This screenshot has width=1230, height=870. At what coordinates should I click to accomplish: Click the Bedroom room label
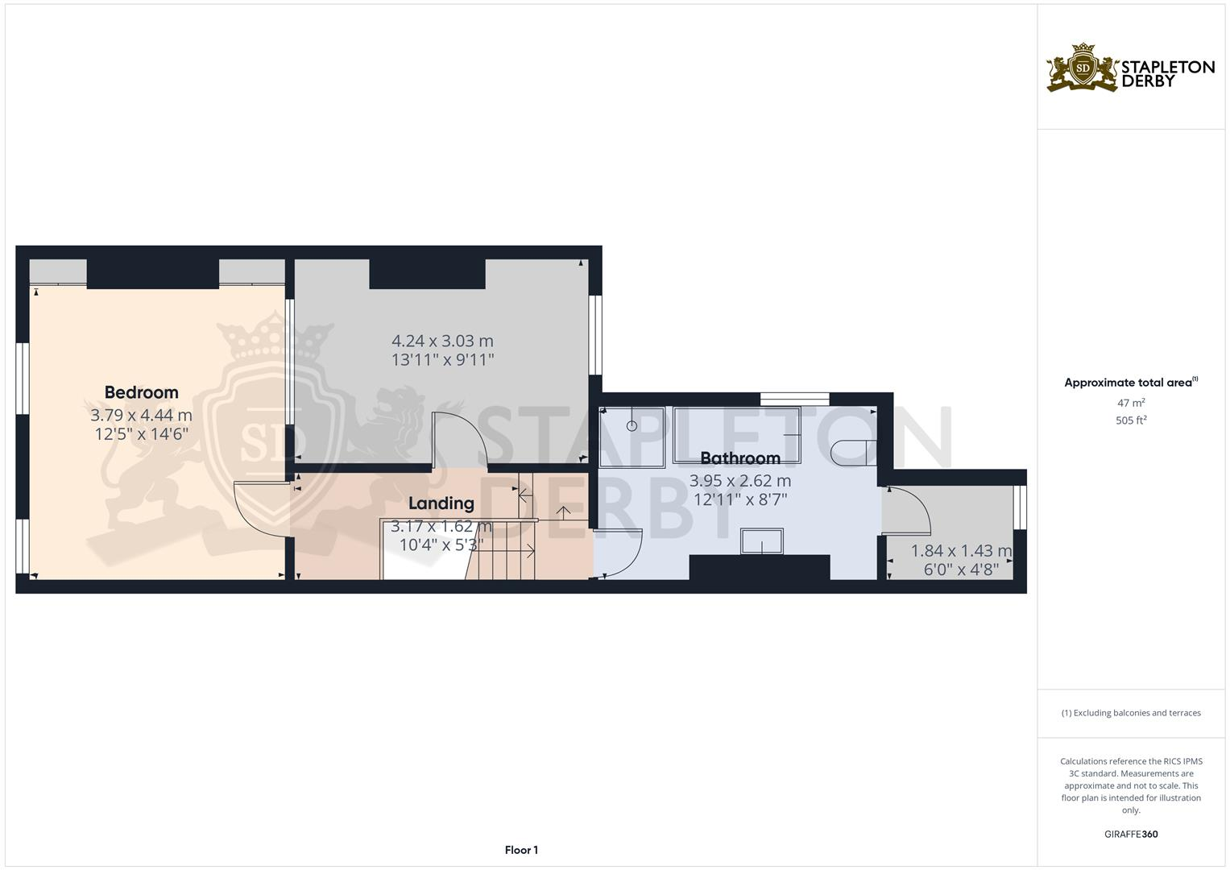tap(141, 392)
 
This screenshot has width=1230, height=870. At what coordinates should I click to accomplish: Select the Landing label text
tap(441, 503)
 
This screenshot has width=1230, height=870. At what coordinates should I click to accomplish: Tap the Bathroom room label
tap(739, 458)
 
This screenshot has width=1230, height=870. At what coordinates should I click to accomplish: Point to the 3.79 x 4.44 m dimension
tap(141, 416)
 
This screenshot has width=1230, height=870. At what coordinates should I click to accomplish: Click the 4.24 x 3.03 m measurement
tap(442, 341)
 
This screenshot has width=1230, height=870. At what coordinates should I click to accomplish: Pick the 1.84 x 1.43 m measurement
tap(960, 551)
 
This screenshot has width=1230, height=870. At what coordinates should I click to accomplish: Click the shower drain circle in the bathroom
tap(632, 425)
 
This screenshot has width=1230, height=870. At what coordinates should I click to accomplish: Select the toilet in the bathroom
tap(849, 452)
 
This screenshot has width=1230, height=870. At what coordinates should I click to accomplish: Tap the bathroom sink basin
tap(761, 542)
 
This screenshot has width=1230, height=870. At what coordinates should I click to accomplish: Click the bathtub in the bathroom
tap(737, 435)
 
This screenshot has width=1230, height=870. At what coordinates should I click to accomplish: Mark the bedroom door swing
tap(258, 507)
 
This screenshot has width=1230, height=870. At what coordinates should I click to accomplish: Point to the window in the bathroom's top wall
tap(794, 398)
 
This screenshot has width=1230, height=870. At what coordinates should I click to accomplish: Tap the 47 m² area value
tap(1130, 403)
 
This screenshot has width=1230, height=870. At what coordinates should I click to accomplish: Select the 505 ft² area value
tap(1130, 420)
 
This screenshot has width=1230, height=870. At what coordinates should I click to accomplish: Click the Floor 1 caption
tap(521, 850)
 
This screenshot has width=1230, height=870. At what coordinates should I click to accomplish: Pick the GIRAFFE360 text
tap(1130, 835)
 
